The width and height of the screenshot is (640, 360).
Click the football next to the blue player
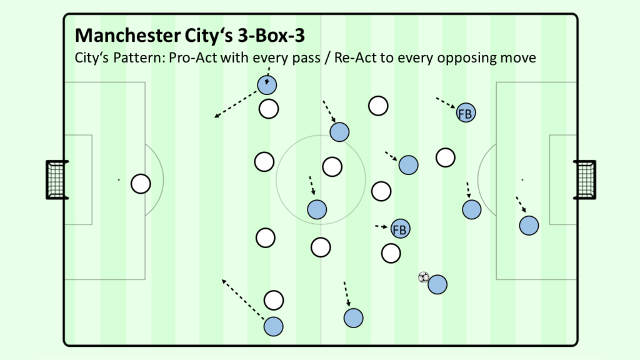coord(424,277)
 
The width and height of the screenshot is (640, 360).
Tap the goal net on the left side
coord(57,180)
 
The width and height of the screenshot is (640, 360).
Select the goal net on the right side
coord(585,180)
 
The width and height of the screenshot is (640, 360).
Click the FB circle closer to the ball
coord(400,229)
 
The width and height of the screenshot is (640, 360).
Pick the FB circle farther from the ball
coord(466,112)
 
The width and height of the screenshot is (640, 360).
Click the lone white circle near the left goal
coord(141,184)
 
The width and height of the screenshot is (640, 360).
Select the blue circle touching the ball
coord(437,284)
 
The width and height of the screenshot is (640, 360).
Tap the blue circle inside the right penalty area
coord(529,225)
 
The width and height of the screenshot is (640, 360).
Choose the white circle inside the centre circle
coord(332,167)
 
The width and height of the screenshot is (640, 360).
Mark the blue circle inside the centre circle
coord(317,210)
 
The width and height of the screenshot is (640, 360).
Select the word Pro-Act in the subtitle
coord(193,57)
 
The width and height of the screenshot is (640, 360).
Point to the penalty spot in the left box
coord(119,179)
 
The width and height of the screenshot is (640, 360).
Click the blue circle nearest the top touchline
coord(267,85)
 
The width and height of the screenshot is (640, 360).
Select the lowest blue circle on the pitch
coord(274,326)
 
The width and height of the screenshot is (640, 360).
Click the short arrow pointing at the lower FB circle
coord(382,226)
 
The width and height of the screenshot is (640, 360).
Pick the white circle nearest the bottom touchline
coord(274,301)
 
